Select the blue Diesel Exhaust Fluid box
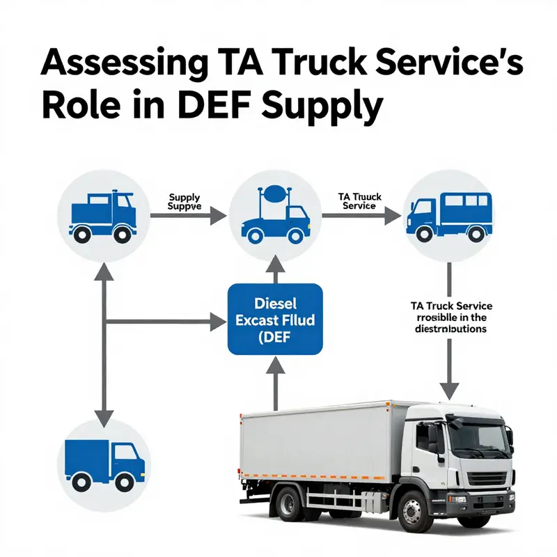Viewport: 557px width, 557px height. pos(275,318)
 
